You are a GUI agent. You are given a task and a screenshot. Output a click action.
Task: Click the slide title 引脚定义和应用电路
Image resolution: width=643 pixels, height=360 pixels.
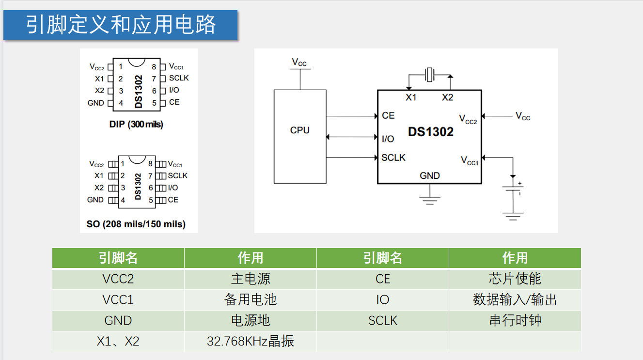pos(121,25)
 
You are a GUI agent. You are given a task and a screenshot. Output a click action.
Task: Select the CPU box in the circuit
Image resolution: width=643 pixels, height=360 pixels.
pos(300,136)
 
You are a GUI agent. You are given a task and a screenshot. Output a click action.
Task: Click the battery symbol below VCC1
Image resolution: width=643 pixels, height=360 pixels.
pos(513,189)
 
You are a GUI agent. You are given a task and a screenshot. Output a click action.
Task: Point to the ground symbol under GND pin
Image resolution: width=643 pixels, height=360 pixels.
pos(430,200)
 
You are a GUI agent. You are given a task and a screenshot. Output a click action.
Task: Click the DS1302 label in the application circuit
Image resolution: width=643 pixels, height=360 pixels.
pos(431,132)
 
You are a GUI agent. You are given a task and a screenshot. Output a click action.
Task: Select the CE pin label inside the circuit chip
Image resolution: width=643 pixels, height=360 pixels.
pos(388,116)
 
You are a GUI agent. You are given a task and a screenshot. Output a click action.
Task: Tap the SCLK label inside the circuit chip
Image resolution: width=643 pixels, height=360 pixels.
pos(393,157)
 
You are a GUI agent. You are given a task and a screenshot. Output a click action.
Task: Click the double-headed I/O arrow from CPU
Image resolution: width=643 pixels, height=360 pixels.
pos(352,137)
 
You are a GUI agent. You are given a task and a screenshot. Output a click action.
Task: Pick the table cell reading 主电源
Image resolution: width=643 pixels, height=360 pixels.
pos(251,279)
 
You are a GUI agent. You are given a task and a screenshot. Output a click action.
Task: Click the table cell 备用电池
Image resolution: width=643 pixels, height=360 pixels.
pos(251,300)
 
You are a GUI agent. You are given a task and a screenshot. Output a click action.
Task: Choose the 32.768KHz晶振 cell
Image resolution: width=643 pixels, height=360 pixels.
pos(251,342)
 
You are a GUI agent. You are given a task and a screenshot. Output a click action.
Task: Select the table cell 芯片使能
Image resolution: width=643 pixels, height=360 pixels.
pos(515,279)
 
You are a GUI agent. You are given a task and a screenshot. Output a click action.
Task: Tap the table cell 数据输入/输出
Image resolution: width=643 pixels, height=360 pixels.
pos(515,300)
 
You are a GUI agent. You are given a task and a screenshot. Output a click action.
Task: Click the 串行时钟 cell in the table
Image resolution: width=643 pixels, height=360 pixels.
pos(515,321)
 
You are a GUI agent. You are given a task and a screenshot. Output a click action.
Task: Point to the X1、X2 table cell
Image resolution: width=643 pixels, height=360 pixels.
pos(118,342)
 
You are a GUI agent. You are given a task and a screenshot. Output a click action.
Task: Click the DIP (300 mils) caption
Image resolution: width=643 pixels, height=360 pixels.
pos(136,125)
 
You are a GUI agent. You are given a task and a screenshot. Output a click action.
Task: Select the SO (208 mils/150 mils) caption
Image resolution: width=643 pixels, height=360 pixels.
pos(136,224)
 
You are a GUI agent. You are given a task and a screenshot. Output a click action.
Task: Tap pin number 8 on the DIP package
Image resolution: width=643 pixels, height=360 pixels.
pos(154,67)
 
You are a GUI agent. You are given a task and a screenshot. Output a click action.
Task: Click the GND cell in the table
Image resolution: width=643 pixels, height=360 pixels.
pos(118,321)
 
